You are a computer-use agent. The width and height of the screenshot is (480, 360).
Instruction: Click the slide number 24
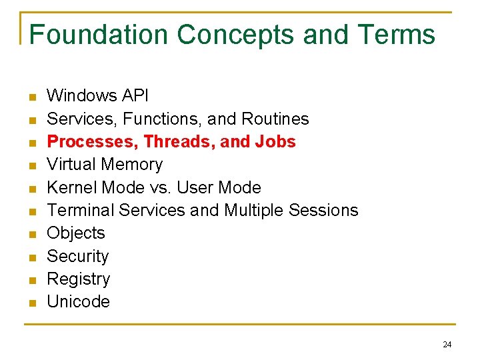coord(447,345)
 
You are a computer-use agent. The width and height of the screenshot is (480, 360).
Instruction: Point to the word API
coord(135,96)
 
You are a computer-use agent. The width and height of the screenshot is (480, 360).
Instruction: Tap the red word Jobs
coord(276,141)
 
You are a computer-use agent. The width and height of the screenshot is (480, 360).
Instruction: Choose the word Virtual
coord(70,164)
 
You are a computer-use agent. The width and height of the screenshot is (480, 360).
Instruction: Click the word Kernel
coord(70,187)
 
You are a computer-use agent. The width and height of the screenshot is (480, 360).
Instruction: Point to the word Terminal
coord(81,210)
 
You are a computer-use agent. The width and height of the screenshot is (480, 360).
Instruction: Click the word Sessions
coord(323,210)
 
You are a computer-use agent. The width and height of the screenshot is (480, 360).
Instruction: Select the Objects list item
coord(76,233)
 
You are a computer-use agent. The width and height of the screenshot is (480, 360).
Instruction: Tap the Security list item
coord(78,256)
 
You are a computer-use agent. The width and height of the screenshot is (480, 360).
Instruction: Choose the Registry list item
coord(79,279)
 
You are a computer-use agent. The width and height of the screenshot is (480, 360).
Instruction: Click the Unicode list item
coord(78,301)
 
